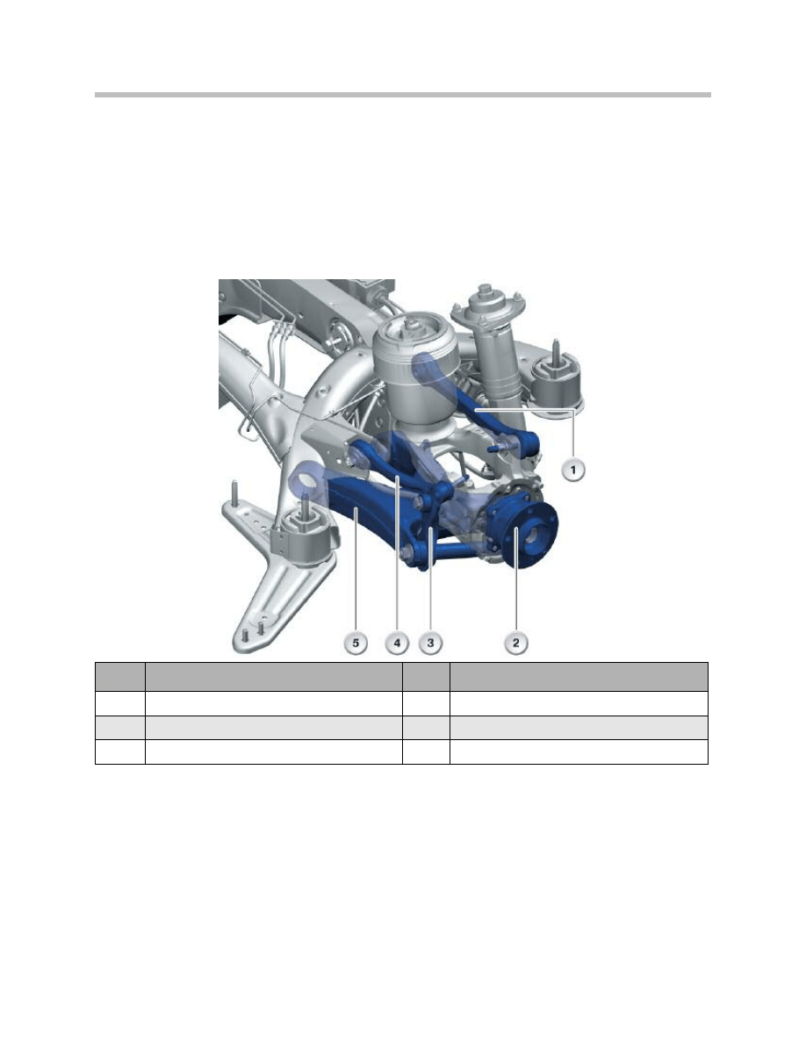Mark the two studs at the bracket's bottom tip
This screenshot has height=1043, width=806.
tap(253, 631)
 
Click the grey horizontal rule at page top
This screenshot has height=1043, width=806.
tap(403, 94)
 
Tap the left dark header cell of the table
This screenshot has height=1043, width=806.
tap(119, 675)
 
